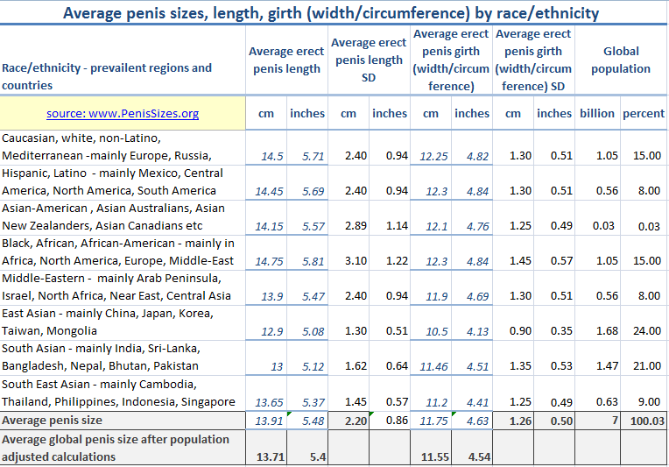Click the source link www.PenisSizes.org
(123, 113)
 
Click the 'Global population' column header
(621, 60)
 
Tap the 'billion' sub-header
(597, 113)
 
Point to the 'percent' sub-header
(644, 113)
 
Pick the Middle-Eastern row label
(116, 287)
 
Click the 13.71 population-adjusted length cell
(268, 456)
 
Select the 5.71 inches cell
(308, 156)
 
